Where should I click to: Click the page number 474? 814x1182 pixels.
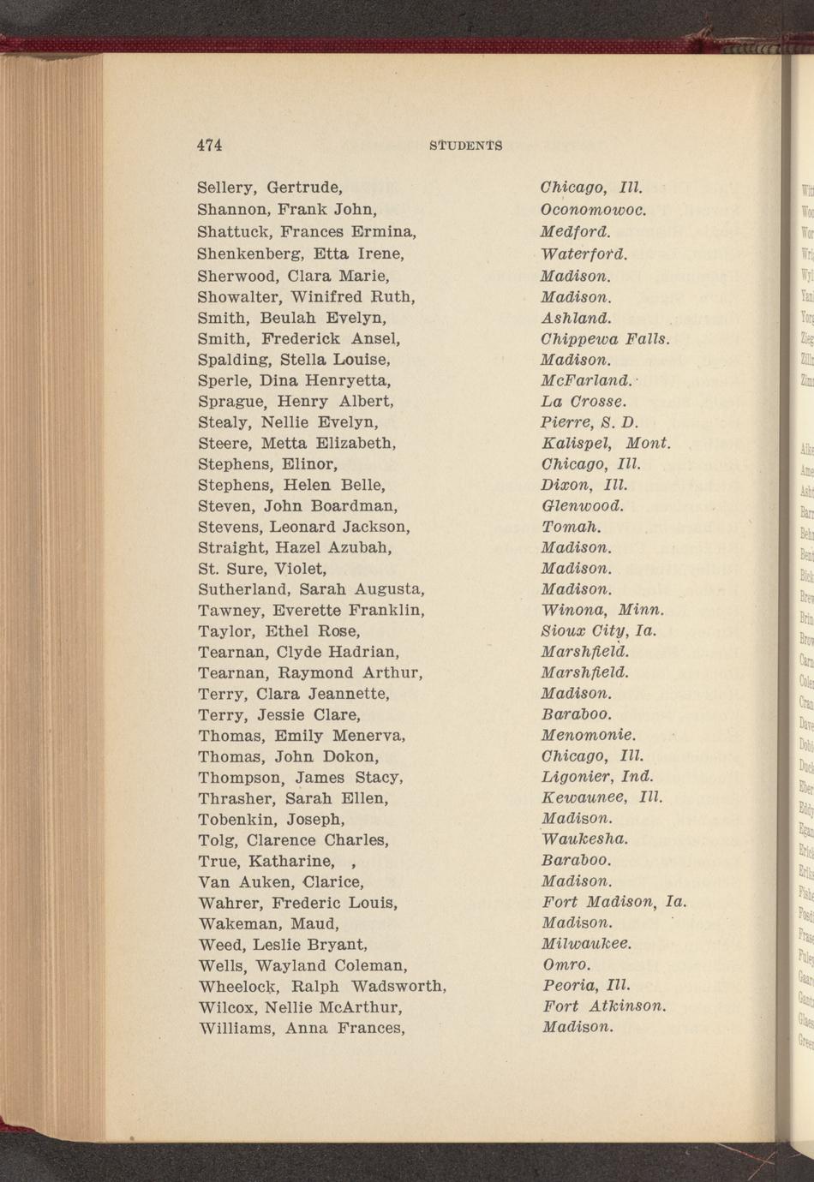coord(210,146)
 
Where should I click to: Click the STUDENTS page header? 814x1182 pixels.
coord(465,146)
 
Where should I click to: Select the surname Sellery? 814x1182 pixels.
coord(227,188)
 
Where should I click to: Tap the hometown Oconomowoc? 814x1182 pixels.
coord(593,209)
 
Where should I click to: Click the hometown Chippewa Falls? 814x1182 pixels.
coord(604,339)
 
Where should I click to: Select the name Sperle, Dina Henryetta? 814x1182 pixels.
coord(294,380)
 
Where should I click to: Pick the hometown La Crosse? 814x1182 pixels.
coord(584,401)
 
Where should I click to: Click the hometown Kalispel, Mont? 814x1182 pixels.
coord(605,443)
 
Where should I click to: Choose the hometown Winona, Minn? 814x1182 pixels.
coord(602,610)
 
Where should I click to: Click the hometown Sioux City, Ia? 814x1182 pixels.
coord(599,631)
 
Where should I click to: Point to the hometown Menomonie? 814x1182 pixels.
coord(589,735)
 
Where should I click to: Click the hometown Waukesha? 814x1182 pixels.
coord(585,839)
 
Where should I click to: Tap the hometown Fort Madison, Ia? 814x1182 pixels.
coord(614,902)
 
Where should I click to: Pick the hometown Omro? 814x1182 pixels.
coord(566,964)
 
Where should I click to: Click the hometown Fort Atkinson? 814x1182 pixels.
coord(604,1006)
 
